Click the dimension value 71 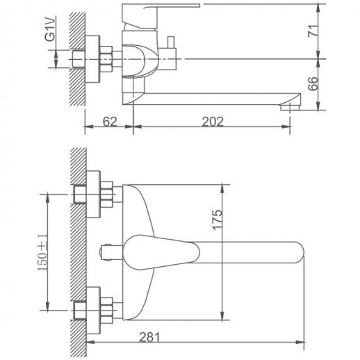coord(313,31)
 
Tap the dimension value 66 coord(313,83)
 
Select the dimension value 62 coord(110,122)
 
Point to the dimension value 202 coord(213,122)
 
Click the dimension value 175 coord(218,220)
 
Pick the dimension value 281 coord(149,337)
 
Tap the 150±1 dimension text coord(42,252)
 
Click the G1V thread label coord(51,28)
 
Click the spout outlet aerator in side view coord(290,108)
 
